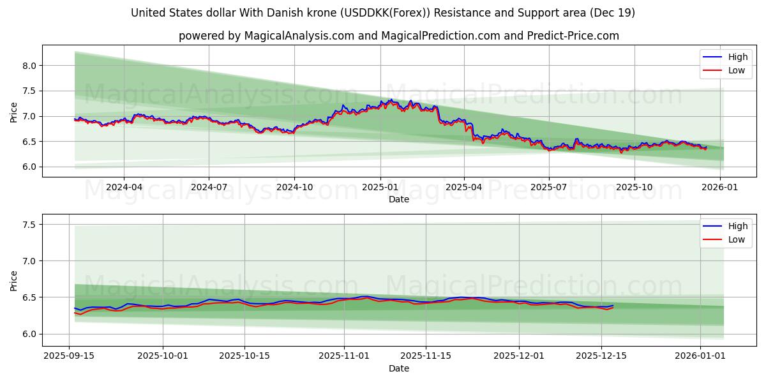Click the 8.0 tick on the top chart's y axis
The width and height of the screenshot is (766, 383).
pyautogui.click(x=30, y=66)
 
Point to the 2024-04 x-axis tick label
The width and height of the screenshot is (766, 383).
pyautogui.click(x=124, y=188)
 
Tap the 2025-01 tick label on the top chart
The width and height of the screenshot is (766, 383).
pyautogui.click(x=380, y=188)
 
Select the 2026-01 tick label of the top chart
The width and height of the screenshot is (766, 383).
pyautogui.click(x=720, y=188)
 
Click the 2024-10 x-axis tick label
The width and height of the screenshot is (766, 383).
pyautogui.click(x=294, y=188)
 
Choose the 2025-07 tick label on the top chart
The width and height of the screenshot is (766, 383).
pyautogui.click(x=548, y=188)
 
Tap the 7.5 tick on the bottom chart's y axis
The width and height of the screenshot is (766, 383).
pyautogui.click(x=30, y=225)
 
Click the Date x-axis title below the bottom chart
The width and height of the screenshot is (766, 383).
pyautogui.click(x=399, y=368)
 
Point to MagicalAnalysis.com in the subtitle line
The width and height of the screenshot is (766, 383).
pyautogui.click(x=299, y=36)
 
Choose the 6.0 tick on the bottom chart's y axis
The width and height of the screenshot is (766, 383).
pyautogui.click(x=30, y=334)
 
